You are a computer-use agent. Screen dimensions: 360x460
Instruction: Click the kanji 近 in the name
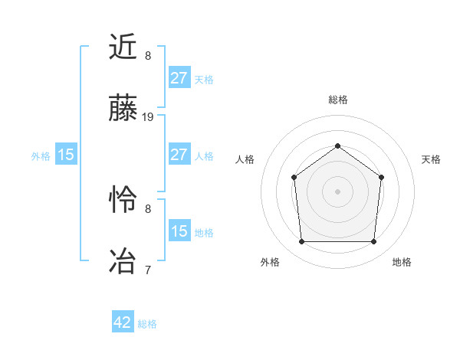123,48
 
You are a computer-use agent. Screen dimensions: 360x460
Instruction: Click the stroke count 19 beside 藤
148,117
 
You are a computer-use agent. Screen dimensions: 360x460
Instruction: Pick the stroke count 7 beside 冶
148,269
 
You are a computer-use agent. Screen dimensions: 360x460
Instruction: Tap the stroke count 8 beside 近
148,56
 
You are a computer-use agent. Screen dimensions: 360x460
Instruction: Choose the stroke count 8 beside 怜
148,208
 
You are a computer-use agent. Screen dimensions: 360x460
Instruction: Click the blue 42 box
123,322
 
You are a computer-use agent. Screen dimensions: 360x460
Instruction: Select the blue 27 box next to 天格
179,78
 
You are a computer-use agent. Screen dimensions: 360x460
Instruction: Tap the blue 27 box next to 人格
179,155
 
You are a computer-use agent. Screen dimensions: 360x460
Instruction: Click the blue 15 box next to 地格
179,231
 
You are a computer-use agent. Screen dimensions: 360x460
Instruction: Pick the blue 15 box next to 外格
66,155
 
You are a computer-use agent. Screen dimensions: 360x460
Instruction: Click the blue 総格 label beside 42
147,324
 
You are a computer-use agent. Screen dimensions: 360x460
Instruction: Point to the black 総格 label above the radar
337,100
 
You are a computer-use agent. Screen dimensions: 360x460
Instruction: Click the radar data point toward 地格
373,242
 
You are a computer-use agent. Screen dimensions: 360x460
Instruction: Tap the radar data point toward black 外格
301,242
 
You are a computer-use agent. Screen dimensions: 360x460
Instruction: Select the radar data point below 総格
337,146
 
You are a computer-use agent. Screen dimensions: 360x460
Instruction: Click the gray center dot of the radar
337,191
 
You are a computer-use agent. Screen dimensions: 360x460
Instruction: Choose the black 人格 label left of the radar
245,159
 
